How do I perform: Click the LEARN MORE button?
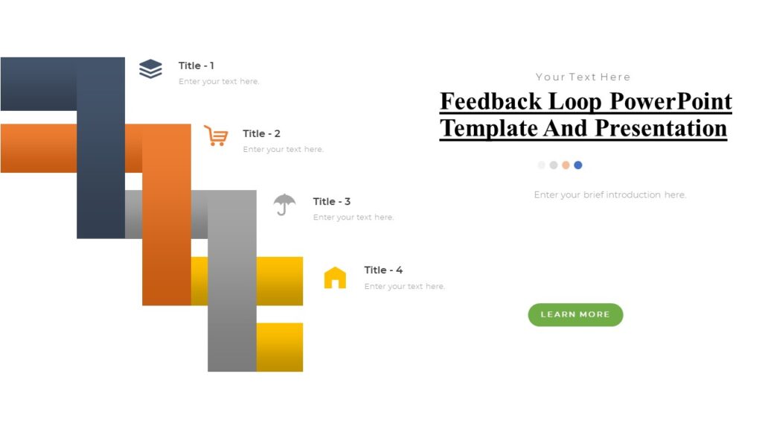point(575,314)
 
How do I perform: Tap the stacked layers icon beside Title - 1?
point(150,69)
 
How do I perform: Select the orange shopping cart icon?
point(216,136)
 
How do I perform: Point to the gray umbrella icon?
point(284,203)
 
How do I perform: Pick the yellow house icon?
point(335,278)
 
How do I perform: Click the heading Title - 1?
point(196,66)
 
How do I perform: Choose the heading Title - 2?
point(261,133)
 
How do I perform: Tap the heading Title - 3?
point(332,201)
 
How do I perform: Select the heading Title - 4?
point(383,270)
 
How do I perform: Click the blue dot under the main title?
point(578,165)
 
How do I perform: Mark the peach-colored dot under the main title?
point(566,165)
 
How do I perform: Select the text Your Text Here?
point(583,77)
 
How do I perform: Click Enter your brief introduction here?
point(609,195)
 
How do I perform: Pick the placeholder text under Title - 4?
point(404,286)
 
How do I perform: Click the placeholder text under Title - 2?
point(283,150)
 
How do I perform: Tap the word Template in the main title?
point(487,128)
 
